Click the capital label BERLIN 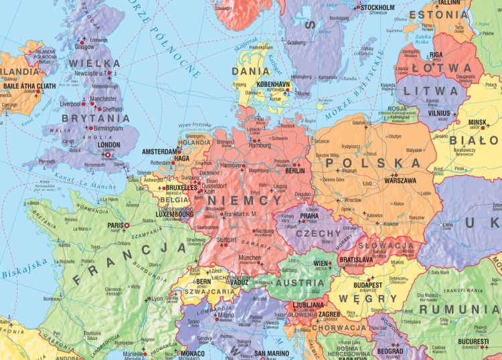(x=295, y=171)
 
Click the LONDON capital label (x=108, y=144)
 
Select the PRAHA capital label (x=309, y=216)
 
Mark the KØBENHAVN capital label (x=272, y=84)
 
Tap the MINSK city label (x=477, y=122)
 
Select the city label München (x=250, y=257)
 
